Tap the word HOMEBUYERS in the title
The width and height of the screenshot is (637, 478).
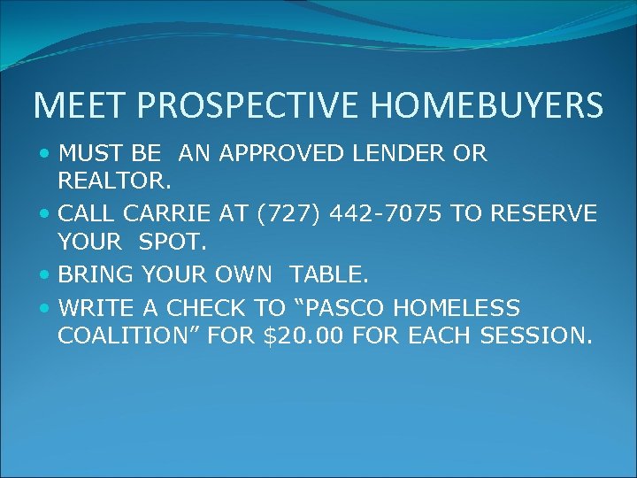pyautogui.click(x=487, y=105)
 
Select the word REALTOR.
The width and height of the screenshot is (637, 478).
pyautogui.click(x=113, y=181)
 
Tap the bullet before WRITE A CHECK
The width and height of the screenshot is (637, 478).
pyautogui.click(x=45, y=308)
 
